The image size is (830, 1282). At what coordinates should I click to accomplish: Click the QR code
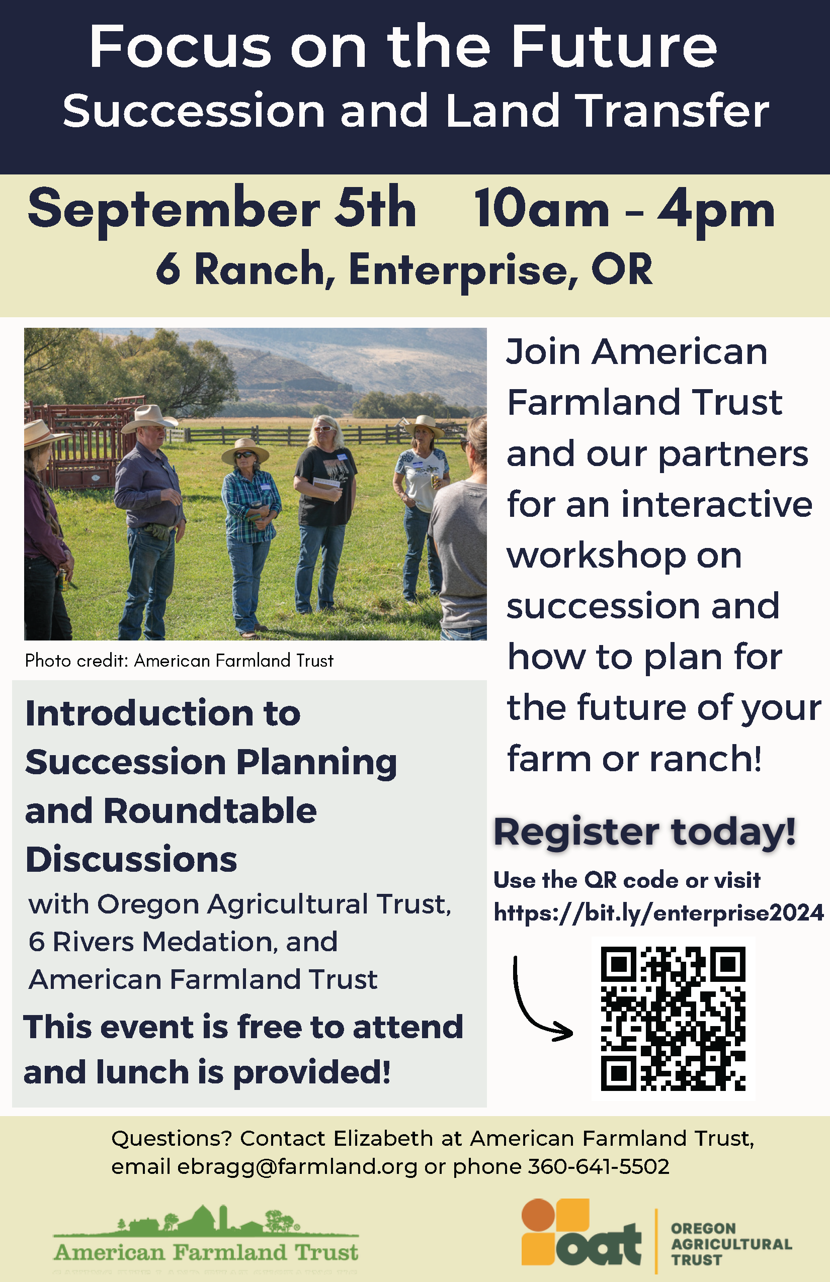pyautogui.click(x=673, y=1018)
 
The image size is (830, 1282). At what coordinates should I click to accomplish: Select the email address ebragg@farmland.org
pyautogui.click(x=297, y=1166)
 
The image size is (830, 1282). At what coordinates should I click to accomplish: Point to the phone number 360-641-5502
pyautogui.click(x=598, y=1166)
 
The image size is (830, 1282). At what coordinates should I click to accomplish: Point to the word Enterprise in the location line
pyautogui.click(x=463, y=269)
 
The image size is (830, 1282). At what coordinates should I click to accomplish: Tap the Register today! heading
pyautogui.click(x=644, y=832)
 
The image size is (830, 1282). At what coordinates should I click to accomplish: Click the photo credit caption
pyautogui.click(x=179, y=661)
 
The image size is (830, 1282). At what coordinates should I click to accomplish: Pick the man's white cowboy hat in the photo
pyautogui.click(x=148, y=417)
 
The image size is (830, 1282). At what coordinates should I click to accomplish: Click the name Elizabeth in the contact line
pyautogui.click(x=383, y=1138)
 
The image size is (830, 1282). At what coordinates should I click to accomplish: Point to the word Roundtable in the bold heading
pyautogui.click(x=210, y=810)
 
